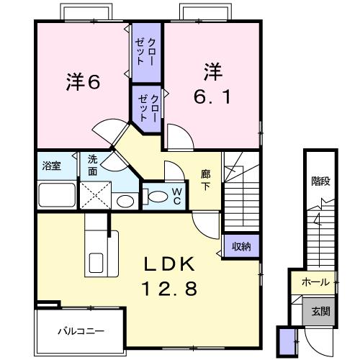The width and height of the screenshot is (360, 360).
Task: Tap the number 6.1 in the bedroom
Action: coord(211,96)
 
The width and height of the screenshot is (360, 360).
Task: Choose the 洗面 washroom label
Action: coord(94,165)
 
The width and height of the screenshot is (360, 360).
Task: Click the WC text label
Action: coord(176,195)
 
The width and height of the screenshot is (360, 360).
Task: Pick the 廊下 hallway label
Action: coord(205,179)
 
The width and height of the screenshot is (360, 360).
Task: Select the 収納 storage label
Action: coord(240,247)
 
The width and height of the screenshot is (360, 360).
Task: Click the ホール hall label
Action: coord(315,282)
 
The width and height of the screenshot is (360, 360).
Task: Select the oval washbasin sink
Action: coord(125,200)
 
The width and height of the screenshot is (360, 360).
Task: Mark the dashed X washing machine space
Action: coord(93,194)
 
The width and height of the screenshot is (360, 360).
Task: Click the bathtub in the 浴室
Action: coord(56,194)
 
